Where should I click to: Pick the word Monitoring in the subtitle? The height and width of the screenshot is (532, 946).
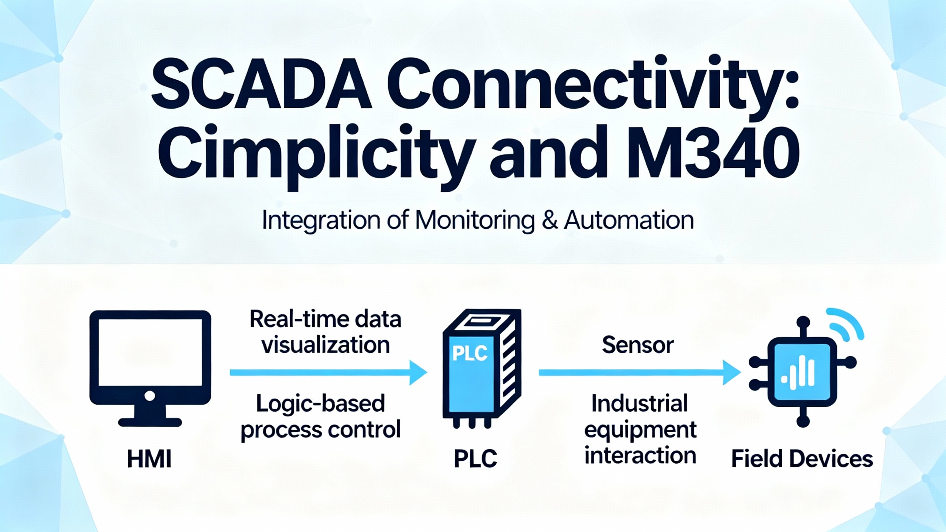tap(475, 221)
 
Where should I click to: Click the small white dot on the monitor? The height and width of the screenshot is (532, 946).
tap(150, 396)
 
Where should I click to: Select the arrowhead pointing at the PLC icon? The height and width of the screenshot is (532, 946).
tap(418, 372)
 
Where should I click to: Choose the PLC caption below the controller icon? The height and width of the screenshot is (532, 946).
tap(475, 459)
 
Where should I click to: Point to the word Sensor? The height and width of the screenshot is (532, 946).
tap(638, 345)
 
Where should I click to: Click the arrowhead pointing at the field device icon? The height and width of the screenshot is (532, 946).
tap(731, 372)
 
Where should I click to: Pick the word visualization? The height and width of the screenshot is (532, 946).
tap(326, 345)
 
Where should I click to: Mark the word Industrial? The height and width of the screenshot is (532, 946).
tap(640, 403)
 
